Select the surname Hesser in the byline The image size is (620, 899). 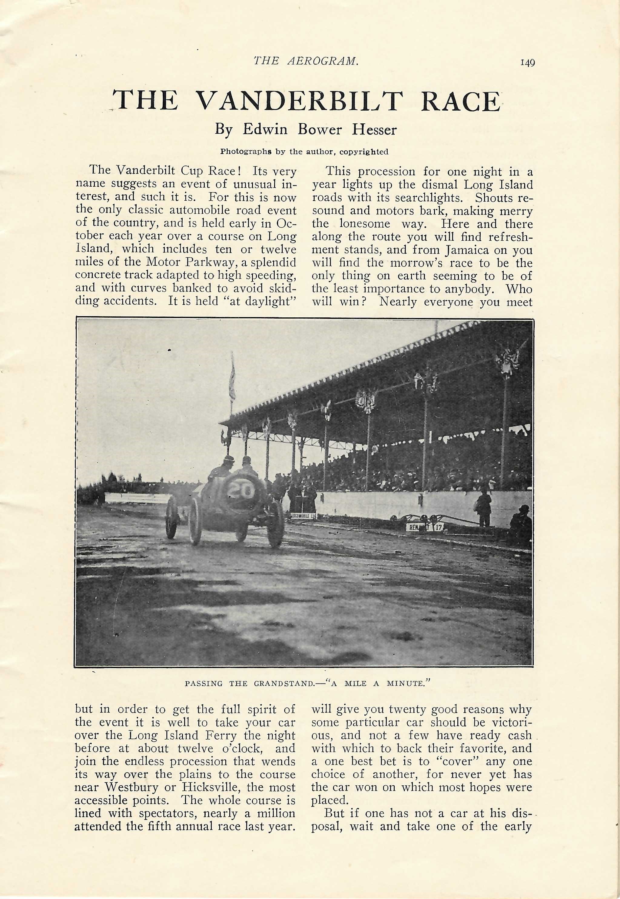pos(374,129)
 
